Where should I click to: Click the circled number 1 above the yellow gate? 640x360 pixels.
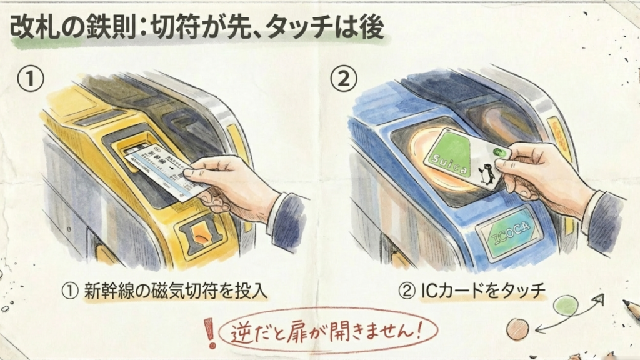click(30, 79)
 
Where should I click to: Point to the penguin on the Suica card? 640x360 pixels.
click(486, 173)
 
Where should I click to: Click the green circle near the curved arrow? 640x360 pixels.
click(566, 306)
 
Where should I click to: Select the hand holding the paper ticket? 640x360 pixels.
click(234, 186)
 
